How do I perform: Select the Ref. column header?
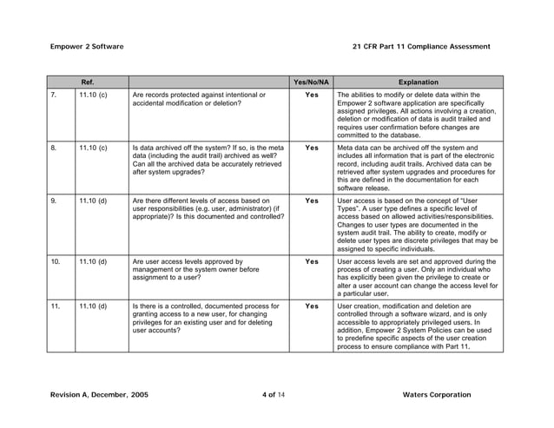pyautogui.click(x=88, y=82)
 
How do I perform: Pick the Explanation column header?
pyautogui.click(x=418, y=82)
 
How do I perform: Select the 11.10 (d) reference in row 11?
pyautogui.click(x=92, y=306)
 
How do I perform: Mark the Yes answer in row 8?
pyautogui.click(x=312, y=148)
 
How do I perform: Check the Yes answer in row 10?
pyautogui.click(x=312, y=260)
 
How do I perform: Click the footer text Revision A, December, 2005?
pyautogui.click(x=99, y=395)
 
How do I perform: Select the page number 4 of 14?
pyautogui.click(x=277, y=395)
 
